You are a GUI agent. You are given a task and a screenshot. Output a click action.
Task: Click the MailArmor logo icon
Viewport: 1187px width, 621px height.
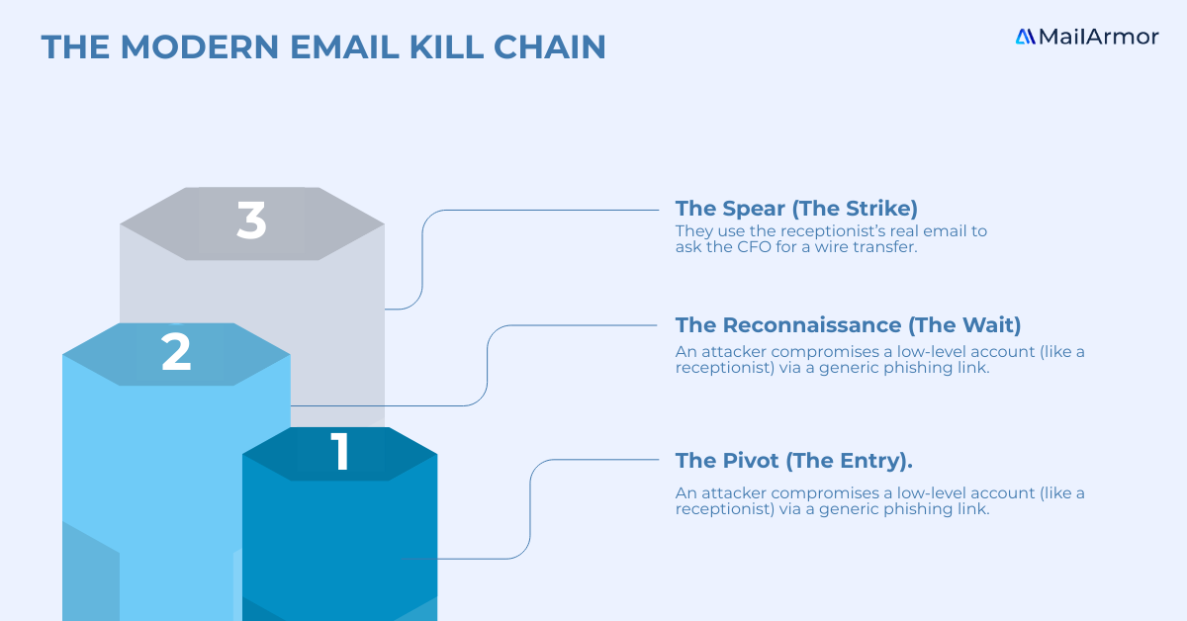1025,37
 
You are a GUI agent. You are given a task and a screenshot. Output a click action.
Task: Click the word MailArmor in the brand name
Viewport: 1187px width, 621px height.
1098,37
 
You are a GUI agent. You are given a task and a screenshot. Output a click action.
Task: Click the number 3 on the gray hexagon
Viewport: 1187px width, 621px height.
252,222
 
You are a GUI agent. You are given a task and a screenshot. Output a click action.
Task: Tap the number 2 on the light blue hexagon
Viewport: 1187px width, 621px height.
176,353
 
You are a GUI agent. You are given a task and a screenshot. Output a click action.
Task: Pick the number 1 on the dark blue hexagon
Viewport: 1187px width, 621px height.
340,452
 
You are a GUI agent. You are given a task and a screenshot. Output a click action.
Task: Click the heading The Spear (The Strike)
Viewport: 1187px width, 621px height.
796,209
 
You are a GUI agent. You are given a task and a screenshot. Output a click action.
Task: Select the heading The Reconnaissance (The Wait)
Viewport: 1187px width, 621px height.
848,325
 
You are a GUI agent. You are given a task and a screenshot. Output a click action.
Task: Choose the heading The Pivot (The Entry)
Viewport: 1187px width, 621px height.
793,461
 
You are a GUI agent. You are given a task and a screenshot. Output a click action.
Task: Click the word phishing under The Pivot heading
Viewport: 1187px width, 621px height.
925,509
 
